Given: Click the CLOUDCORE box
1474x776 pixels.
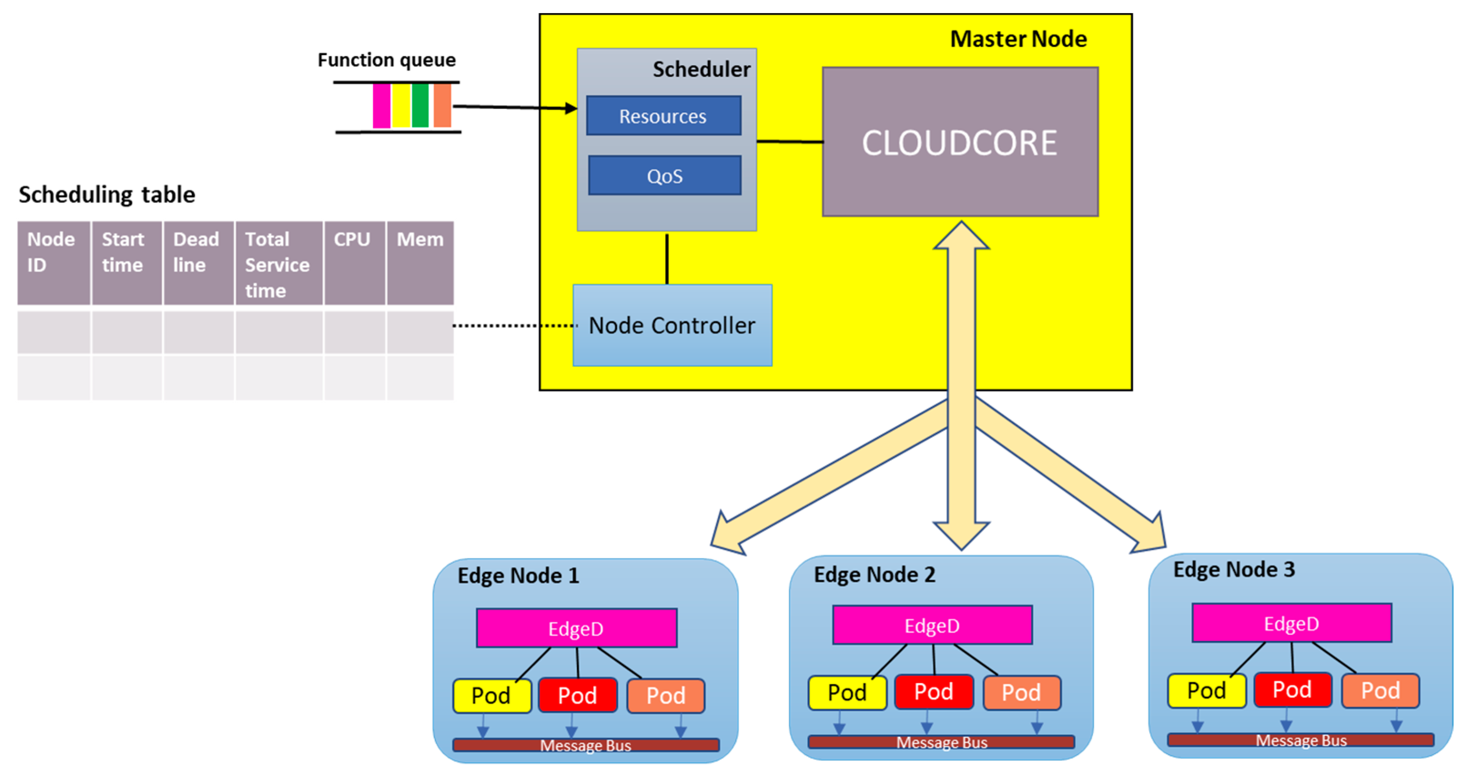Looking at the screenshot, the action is point(960,142).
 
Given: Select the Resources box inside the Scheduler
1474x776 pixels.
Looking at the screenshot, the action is point(664,116).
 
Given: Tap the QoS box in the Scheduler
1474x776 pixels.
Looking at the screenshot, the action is point(665,175).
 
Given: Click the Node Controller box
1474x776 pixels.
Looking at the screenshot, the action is point(672,325).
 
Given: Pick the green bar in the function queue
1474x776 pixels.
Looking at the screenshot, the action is point(420,105).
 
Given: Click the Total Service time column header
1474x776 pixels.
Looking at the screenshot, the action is point(279,263).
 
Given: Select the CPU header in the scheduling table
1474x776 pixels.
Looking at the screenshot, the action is point(355,263).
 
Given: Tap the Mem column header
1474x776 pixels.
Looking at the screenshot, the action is point(420,263).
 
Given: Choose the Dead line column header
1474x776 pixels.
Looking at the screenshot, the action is point(198,263).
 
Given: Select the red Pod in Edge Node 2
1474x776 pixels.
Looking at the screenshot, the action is point(934,692).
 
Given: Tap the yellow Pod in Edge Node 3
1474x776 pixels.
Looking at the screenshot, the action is point(1207,691).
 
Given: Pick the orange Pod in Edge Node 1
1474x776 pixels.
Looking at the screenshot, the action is point(666,696).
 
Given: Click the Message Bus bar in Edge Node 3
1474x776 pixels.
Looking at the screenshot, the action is point(1301,740).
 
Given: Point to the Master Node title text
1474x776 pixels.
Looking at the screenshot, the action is point(1019,39).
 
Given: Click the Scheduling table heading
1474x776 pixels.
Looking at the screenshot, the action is point(107,195).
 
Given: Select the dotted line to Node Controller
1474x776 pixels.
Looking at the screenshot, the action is point(515,325).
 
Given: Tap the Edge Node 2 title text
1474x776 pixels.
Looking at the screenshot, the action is point(874,574).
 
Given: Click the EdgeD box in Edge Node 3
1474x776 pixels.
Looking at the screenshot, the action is point(1292,623).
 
